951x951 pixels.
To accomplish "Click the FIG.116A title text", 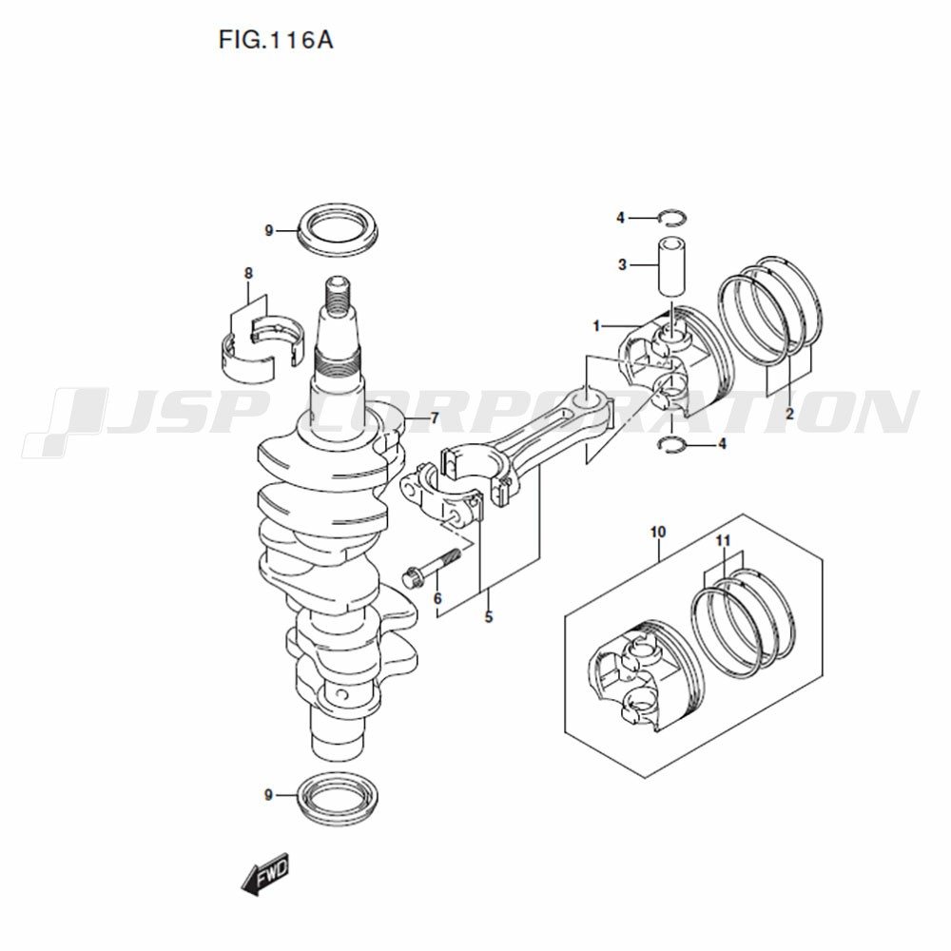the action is [x=276, y=41].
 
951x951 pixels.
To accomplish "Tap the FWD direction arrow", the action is [x=265, y=875].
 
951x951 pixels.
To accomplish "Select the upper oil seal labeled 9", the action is [x=338, y=229].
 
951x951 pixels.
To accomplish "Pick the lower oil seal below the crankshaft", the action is [x=338, y=796].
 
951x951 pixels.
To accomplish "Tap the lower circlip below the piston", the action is [x=672, y=444].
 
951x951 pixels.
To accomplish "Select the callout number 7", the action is [x=435, y=418].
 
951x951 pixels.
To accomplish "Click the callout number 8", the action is [x=248, y=274].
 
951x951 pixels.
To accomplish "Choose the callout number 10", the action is [x=658, y=532].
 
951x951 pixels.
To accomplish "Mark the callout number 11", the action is [x=723, y=540].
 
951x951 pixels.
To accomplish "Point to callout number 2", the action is [x=789, y=415].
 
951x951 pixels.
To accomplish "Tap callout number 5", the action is [x=489, y=617].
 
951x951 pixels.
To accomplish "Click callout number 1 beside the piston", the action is [x=596, y=326].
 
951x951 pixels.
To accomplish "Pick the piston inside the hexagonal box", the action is [x=645, y=674].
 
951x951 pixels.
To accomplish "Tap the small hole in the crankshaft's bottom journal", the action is [x=341, y=695].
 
